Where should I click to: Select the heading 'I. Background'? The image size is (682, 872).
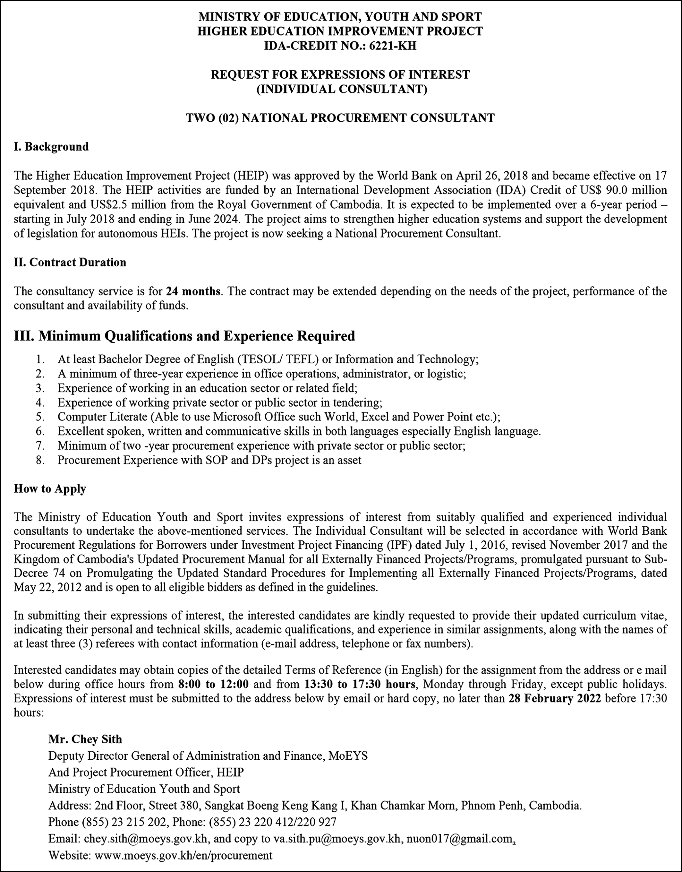(x=51, y=147)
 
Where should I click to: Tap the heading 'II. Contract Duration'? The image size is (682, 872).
(x=70, y=263)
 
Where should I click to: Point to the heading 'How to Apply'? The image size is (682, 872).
(x=50, y=488)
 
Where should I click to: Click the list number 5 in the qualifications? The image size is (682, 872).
(x=39, y=417)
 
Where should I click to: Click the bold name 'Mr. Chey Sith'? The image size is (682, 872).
(x=85, y=739)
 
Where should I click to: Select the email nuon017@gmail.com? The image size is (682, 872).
(x=459, y=838)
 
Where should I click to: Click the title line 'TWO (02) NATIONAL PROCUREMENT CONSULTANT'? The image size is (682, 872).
(x=340, y=118)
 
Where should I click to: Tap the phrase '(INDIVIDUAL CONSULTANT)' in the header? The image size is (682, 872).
(x=341, y=89)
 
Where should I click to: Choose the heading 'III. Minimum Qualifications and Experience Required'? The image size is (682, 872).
(x=184, y=336)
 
